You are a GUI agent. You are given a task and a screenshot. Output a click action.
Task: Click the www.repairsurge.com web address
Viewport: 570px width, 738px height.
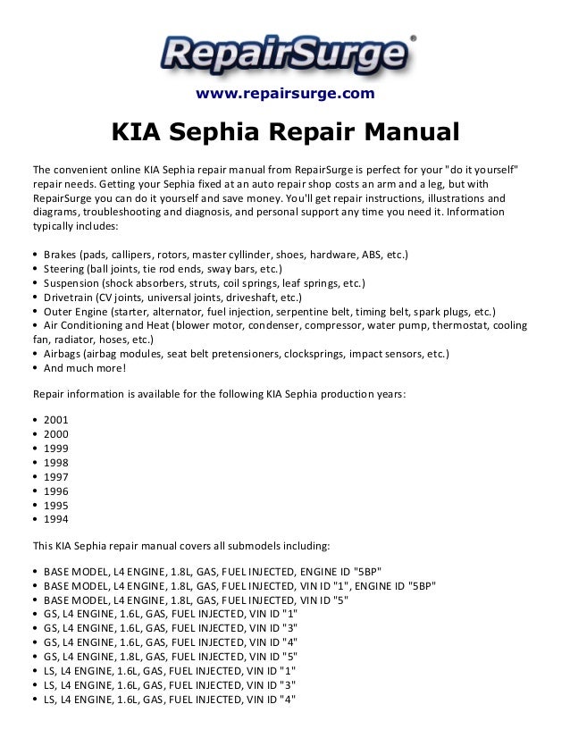click(285, 94)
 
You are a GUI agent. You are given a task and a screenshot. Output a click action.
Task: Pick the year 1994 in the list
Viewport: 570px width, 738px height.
click(55, 518)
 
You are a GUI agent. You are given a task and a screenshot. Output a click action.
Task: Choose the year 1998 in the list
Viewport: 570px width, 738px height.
click(55, 461)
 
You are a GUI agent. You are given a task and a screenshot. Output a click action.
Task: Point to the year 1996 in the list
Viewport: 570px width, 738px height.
click(55, 490)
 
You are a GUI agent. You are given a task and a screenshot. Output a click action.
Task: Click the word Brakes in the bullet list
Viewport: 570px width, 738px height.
click(60, 255)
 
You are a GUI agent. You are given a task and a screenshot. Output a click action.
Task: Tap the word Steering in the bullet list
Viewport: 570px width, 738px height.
click(64, 269)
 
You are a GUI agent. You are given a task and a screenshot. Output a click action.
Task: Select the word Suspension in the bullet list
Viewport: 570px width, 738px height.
click(72, 283)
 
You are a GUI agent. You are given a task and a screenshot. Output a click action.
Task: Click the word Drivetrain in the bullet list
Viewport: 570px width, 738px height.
click(70, 297)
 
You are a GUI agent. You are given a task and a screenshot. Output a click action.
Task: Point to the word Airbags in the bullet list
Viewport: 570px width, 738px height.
click(63, 354)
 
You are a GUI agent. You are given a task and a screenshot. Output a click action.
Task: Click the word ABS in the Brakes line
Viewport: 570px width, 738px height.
click(373, 255)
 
